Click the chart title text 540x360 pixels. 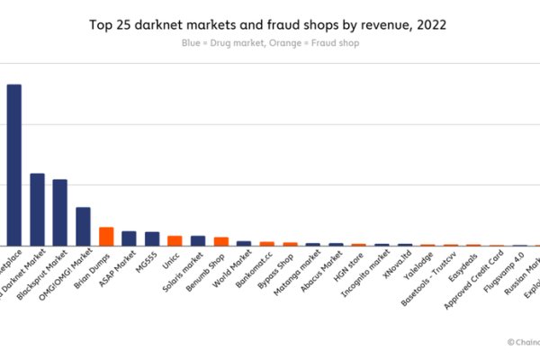[269, 24]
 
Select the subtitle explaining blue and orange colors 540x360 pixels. [269, 43]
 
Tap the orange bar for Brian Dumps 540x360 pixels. [105, 236]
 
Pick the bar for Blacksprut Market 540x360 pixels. [59, 212]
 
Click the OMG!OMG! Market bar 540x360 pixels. [83, 226]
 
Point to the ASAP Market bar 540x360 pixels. [129, 238]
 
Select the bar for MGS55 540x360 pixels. [152, 238]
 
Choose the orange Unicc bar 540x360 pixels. [175, 240]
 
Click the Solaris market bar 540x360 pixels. [198, 240]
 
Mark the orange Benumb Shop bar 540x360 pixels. [220, 241]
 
